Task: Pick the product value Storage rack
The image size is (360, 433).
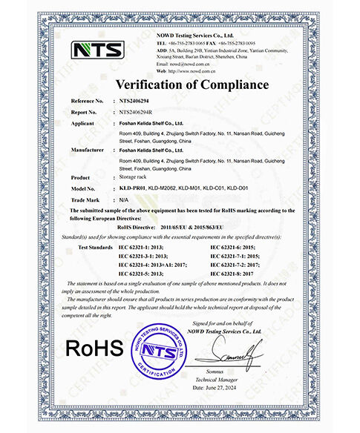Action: coord(136,178)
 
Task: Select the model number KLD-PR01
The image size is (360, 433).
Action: coord(132,190)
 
